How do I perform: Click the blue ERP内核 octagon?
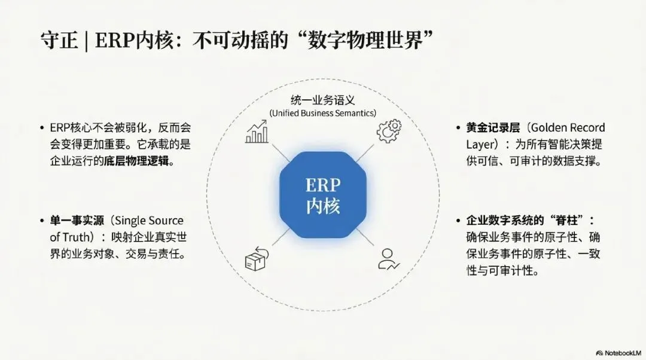coord(323,194)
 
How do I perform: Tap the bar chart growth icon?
coord(257,132)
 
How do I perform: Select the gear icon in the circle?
coord(389,131)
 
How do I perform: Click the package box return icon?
coord(256,259)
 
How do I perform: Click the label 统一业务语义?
coord(322,100)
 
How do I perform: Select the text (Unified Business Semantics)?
coord(322,113)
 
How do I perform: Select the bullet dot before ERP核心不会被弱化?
coord(42,128)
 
